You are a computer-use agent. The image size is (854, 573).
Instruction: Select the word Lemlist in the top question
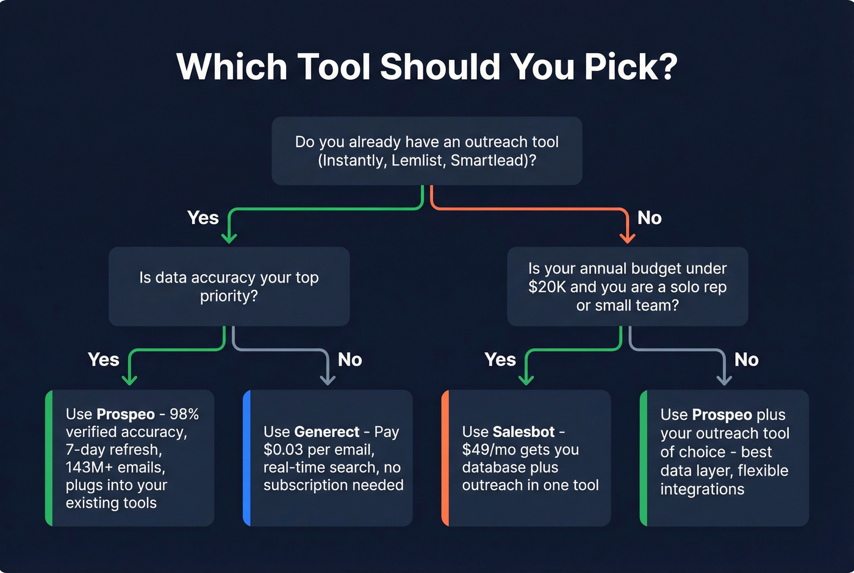click(416, 160)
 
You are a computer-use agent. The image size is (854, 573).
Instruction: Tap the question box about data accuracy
click(229, 286)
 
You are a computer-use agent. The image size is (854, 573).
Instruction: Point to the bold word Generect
click(327, 432)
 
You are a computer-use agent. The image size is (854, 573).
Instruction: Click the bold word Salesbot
click(523, 432)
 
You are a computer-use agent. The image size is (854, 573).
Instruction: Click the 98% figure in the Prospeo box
click(184, 414)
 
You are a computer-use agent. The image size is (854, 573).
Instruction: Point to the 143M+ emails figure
click(115, 467)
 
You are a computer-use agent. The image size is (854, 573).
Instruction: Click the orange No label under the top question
click(649, 218)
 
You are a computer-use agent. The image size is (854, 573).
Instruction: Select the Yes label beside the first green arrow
click(203, 218)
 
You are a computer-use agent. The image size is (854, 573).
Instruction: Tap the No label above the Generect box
click(350, 360)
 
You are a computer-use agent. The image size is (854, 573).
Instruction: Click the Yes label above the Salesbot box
click(500, 360)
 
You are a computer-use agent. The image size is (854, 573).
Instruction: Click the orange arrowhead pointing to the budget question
click(627, 237)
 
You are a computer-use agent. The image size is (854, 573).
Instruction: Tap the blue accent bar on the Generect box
click(246, 458)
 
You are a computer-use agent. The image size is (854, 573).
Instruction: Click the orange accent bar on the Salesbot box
click(445, 458)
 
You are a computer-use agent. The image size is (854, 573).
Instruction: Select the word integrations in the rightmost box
click(702, 489)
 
